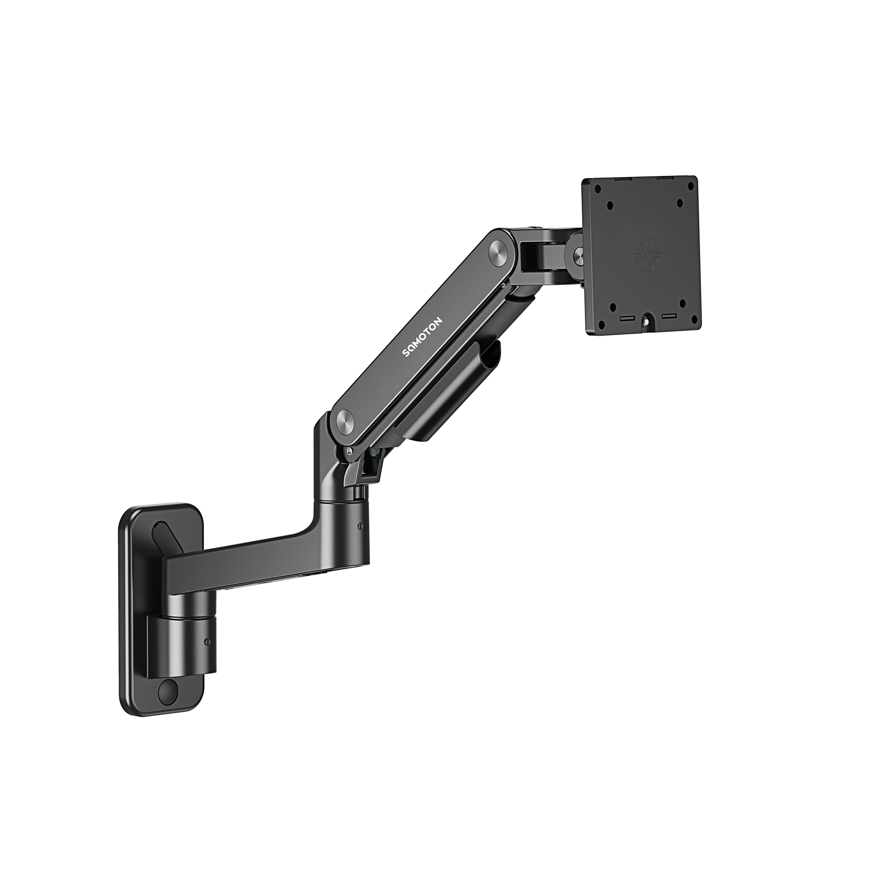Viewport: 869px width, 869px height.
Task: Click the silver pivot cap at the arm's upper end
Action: (x=499, y=248)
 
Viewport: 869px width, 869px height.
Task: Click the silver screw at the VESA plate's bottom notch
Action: (x=647, y=320)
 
